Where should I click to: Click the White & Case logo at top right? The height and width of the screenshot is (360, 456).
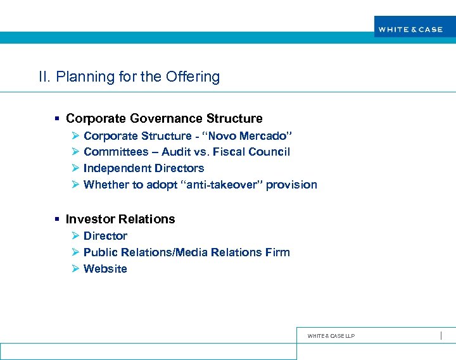[410, 29]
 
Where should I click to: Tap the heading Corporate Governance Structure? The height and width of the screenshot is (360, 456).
[164, 118]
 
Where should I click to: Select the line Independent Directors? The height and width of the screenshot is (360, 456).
[144, 168]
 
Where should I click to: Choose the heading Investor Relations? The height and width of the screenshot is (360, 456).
[120, 219]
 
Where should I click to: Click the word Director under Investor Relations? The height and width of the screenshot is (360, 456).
[105, 236]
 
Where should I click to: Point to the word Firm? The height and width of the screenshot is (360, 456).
[278, 252]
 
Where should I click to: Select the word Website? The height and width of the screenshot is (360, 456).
[105, 269]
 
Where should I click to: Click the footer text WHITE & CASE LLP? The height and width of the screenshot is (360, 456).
[331, 336]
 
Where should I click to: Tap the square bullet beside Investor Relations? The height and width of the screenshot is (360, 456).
[57, 219]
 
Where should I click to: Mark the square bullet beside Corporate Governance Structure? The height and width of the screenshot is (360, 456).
[57, 118]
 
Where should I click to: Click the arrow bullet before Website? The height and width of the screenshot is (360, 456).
[75, 269]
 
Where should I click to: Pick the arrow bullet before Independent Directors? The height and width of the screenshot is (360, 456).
[75, 168]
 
